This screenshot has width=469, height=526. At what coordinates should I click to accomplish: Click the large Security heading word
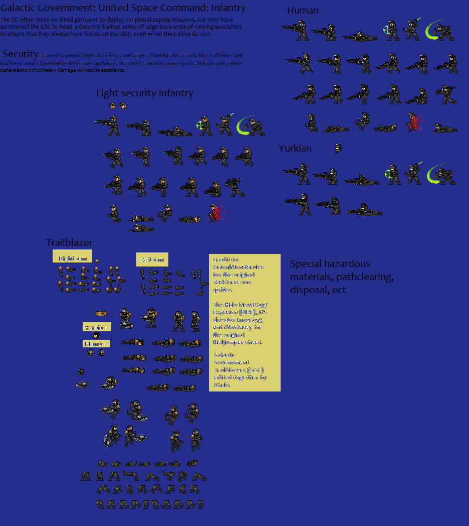[x=21, y=54]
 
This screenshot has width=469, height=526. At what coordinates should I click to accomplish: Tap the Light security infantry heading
[x=144, y=93]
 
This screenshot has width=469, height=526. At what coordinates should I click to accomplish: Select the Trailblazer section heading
[x=69, y=242]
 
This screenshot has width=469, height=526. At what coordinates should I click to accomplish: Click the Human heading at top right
[x=303, y=11]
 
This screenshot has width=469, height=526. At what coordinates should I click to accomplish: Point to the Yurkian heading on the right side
[x=295, y=148]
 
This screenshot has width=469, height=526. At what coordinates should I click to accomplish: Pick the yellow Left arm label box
[x=152, y=259]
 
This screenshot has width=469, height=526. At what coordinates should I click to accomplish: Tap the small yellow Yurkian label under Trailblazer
[x=97, y=327]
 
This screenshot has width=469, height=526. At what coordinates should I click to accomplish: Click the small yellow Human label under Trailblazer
[x=96, y=344]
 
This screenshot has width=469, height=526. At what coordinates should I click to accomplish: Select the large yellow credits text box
[x=245, y=322]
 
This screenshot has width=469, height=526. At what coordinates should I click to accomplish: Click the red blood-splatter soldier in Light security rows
[x=216, y=213]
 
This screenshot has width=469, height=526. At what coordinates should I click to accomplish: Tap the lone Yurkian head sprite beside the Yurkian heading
[x=339, y=148]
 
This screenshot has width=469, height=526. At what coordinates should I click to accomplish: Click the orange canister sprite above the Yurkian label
[x=101, y=314]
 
